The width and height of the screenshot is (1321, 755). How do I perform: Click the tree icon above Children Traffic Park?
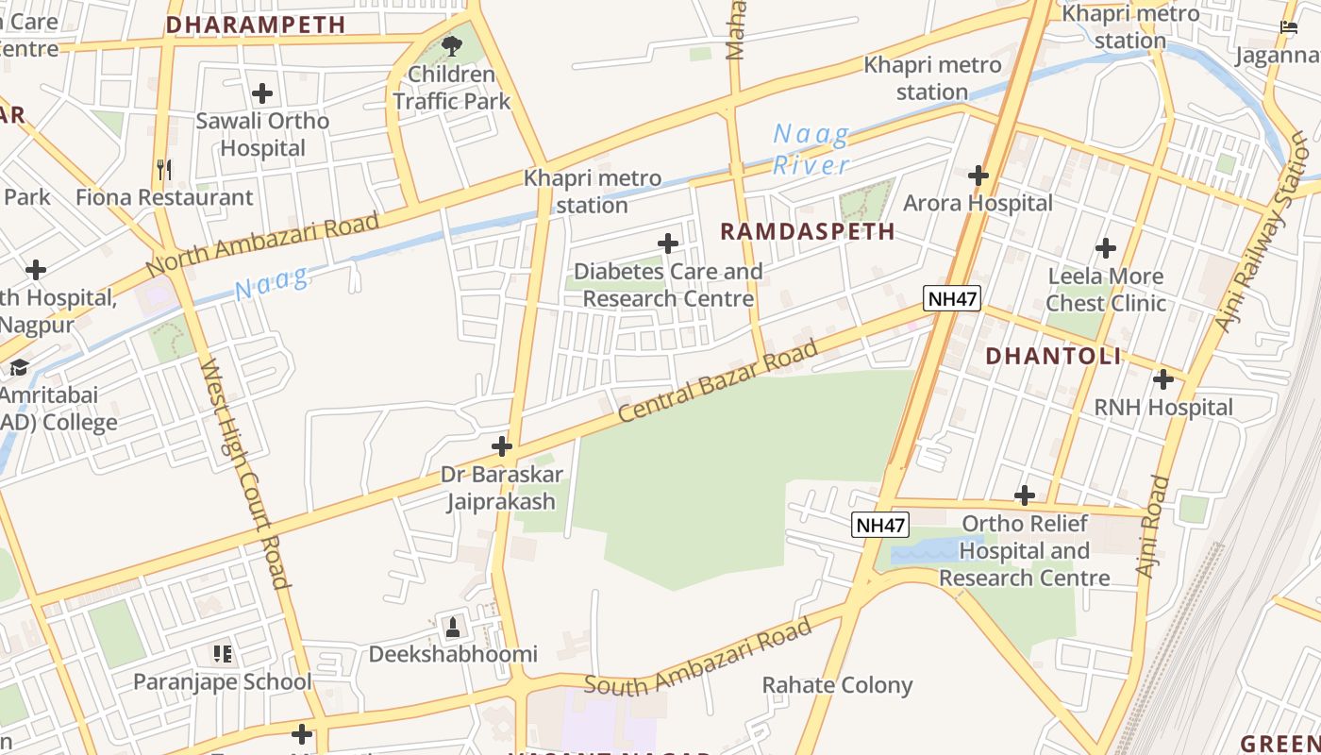[452, 45]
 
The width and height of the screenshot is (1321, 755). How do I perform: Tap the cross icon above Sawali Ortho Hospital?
[262, 93]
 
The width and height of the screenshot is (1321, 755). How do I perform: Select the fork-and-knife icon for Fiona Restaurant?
[164, 170]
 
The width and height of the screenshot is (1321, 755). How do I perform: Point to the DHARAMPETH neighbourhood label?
[256, 25]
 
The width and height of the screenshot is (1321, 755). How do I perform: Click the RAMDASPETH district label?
[808, 231]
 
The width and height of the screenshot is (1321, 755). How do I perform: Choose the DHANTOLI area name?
[1053, 356]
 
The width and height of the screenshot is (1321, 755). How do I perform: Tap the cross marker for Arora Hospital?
[978, 176]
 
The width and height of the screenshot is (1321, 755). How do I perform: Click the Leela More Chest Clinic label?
[1106, 290]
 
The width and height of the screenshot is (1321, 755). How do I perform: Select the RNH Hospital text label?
[1162, 407]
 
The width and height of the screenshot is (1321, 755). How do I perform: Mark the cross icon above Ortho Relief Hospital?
[1025, 495]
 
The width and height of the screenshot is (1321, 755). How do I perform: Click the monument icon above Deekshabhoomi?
[453, 627]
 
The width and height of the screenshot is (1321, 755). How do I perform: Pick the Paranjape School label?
[222, 681]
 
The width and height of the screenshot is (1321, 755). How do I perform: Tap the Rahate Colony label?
[837, 685]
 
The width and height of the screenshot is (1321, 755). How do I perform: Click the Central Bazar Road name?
[718, 382]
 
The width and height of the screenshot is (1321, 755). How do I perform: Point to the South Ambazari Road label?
[697, 658]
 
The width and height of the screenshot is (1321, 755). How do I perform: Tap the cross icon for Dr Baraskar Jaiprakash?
[502, 446]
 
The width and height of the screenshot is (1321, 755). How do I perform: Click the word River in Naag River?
[811, 165]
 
